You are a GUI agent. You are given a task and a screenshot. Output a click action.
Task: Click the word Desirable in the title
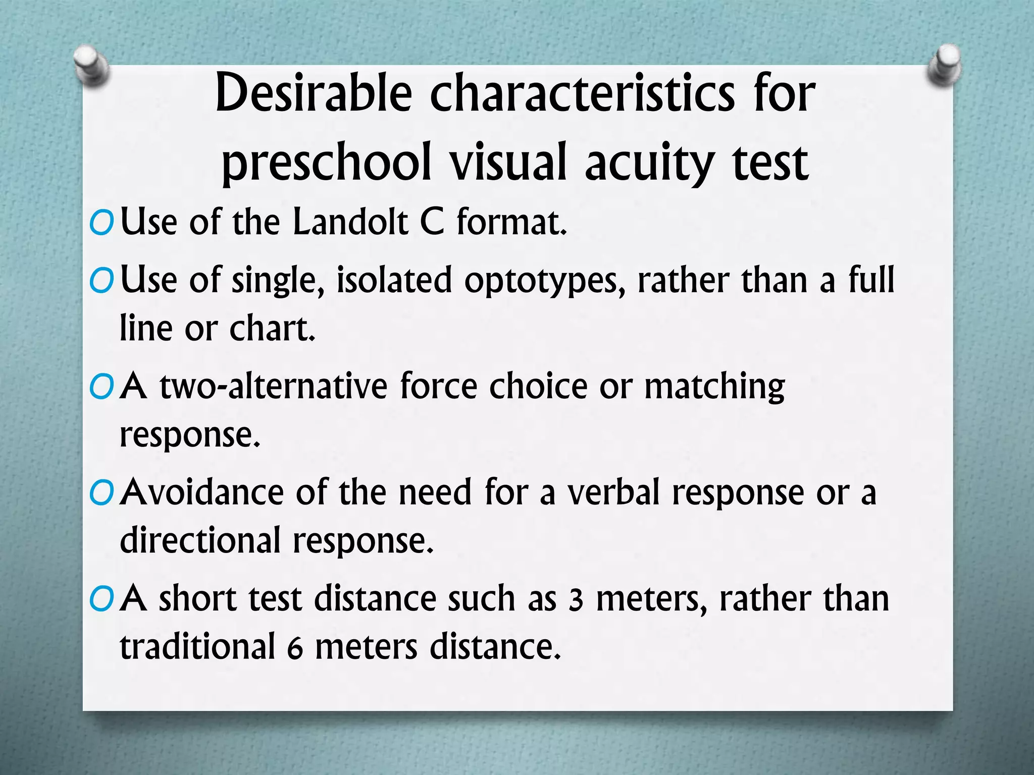click(313, 93)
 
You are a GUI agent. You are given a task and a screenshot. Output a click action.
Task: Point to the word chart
click(272, 329)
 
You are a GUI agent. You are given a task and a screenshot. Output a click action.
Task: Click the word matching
click(714, 387)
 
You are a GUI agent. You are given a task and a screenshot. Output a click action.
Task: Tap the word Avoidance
click(202, 492)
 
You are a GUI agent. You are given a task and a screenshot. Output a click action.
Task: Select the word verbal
click(613, 492)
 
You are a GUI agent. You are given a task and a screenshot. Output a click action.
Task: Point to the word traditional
click(197, 647)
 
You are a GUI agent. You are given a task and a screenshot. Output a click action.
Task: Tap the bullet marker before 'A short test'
click(102, 600)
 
